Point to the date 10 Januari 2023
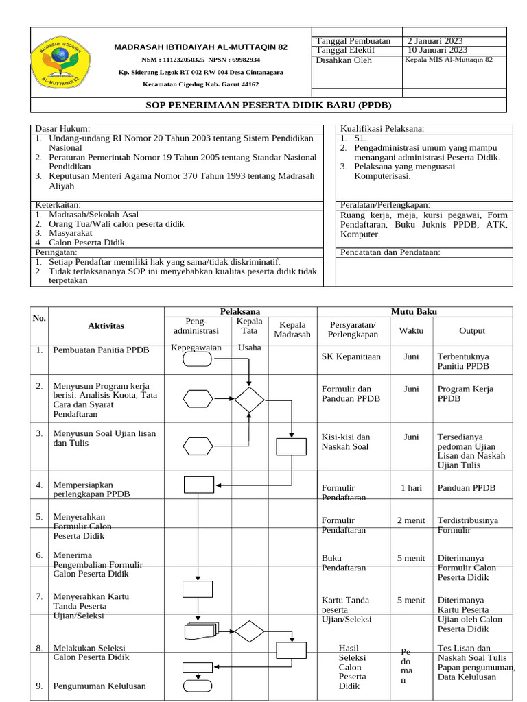click(x=438, y=50)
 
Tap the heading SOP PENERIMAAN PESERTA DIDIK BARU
click(x=271, y=104)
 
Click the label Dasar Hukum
click(x=62, y=129)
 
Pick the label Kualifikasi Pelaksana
click(x=382, y=129)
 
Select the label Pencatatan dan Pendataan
click(x=390, y=252)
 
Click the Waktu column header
click(x=411, y=330)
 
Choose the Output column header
click(x=472, y=330)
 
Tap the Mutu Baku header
click(x=414, y=312)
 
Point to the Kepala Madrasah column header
click(x=292, y=330)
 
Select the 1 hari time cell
click(x=411, y=488)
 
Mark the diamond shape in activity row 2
click(x=249, y=399)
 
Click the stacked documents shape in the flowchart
click(x=200, y=631)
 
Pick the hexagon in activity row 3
click(x=198, y=446)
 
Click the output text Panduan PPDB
click(x=466, y=488)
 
